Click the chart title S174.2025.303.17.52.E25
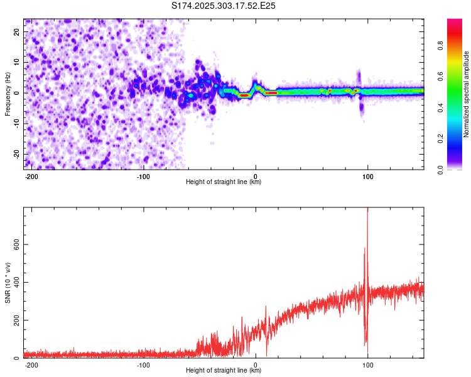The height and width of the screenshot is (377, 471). coord(224,6)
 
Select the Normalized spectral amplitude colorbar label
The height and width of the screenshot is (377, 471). coord(466,94)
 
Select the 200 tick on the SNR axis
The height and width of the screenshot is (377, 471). coord(15,320)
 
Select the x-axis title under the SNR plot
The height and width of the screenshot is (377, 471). coord(224,371)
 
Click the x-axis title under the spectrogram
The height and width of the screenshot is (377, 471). coord(224,182)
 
